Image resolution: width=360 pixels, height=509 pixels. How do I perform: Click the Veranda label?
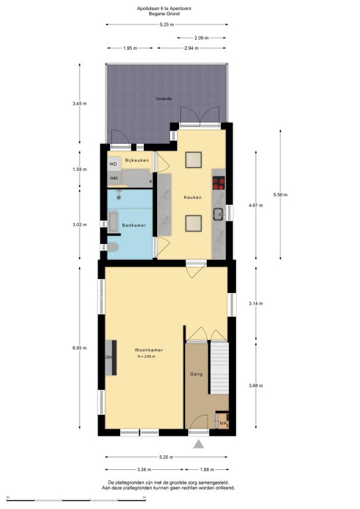pyautogui.click(x=164, y=98)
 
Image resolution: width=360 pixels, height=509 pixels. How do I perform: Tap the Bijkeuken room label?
pyautogui.click(x=137, y=160)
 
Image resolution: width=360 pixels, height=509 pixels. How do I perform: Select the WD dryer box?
pyautogui.click(x=113, y=164)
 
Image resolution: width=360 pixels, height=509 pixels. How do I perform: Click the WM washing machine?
pyautogui.click(x=113, y=178)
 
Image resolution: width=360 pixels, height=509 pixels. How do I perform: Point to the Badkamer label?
pyautogui.click(x=134, y=225)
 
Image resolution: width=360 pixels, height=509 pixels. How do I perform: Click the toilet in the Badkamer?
pyautogui.click(x=113, y=247)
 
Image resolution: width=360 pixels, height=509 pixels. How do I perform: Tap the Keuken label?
pyautogui.click(x=192, y=197)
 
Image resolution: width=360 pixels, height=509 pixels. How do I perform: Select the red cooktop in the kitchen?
pyautogui.click(x=219, y=183)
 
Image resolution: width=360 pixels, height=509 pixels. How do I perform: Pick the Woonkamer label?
pyautogui.click(x=149, y=350)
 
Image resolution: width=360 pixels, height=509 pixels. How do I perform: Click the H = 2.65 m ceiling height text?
pyautogui.click(x=147, y=357)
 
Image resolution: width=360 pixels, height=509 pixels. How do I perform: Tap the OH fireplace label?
pyautogui.click(x=109, y=357)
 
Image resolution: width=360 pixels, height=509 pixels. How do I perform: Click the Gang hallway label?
pyautogui.click(x=196, y=374)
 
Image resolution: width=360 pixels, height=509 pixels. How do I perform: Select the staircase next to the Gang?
pyautogui.click(x=219, y=368)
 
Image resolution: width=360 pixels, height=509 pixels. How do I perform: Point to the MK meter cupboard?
pyautogui.click(x=223, y=421)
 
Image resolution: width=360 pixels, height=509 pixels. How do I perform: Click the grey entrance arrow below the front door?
pyautogui.click(x=199, y=444)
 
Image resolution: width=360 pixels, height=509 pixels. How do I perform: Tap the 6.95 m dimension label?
pyautogui.click(x=80, y=348)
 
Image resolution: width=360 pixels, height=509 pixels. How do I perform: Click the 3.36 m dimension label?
pyautogui.click(x=145, y=469)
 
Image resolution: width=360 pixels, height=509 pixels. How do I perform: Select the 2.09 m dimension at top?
pyautogui.click(x=202, y=38)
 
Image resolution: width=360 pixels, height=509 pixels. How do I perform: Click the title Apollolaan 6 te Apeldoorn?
pyautogui.click(x=164, y=9)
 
